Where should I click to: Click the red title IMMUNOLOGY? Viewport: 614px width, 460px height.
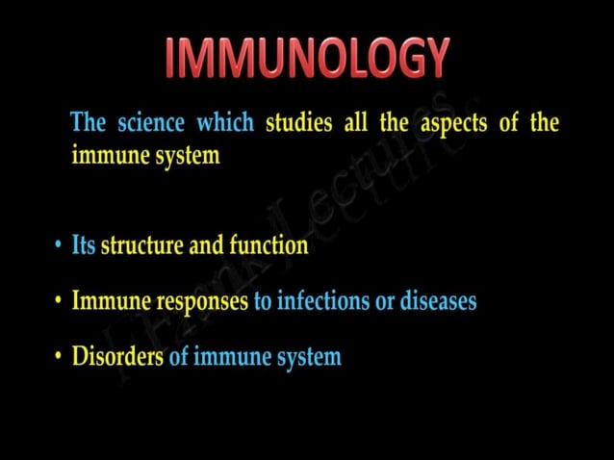306,58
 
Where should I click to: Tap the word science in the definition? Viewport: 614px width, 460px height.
152,123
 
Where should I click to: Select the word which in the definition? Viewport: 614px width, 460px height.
225,123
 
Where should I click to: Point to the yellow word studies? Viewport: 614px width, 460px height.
298,123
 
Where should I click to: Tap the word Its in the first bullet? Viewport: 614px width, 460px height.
84,245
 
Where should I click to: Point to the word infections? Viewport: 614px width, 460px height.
322,301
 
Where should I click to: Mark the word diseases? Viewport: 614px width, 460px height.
438,301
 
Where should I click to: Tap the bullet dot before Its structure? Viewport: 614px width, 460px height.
59,246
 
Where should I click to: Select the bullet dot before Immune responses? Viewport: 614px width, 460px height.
59,302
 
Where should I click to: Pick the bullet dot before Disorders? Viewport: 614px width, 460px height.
59,358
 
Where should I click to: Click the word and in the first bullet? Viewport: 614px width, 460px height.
206,245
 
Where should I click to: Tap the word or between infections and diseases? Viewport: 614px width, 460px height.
384,302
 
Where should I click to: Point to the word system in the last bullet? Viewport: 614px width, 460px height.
309,358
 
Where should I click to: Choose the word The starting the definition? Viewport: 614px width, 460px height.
89,123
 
